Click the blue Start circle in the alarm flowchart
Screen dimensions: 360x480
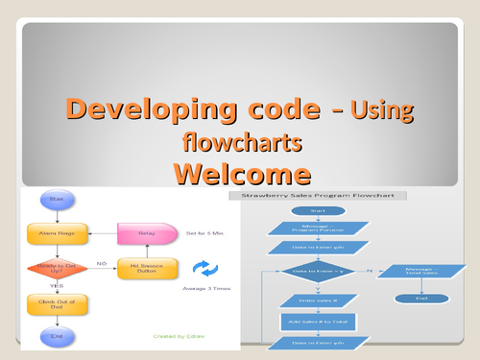(56, 201)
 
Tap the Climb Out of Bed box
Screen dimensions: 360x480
(56, 303)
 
